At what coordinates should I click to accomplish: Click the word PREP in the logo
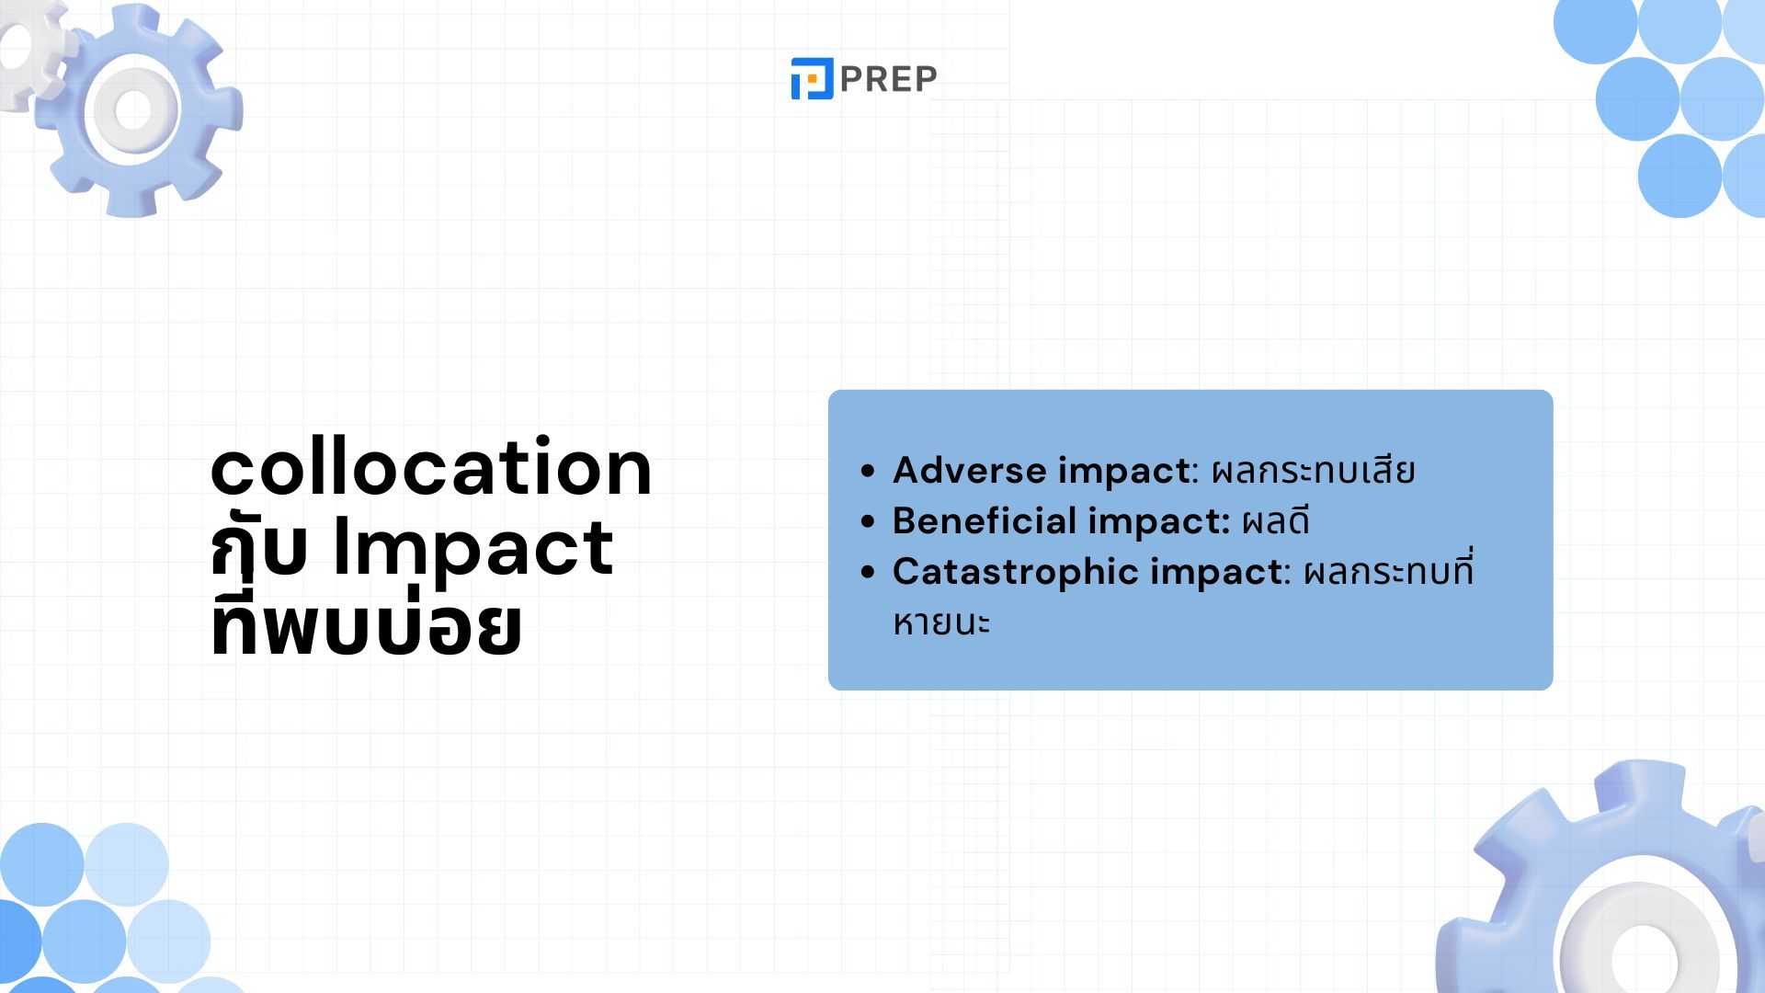pyautogui.click(x=888, y=79)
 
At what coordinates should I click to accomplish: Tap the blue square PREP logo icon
pyautogui.click(x=812, y=78)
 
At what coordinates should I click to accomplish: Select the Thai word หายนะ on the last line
pyautogui.click(x=941, y=622)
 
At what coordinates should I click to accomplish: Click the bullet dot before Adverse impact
pyautogui.click(x=868, y=471)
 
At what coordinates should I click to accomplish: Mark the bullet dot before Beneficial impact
pyautogui.click(x=868, y=521)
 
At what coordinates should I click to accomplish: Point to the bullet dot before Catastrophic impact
pyautogui.click(x=868, y=572)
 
